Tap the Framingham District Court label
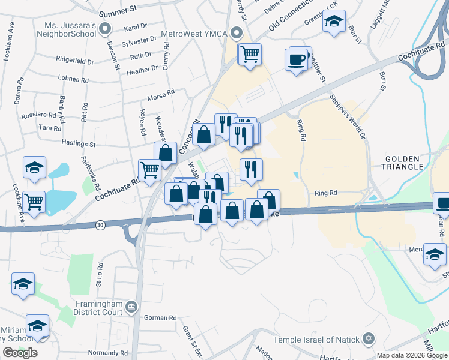click(98, 308)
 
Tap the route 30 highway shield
click(100, 224)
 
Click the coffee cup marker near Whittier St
click(297, 60)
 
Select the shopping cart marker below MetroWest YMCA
click(249, 54)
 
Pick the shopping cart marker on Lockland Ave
click(34, 203)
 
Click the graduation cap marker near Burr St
click(333, 22)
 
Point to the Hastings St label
click(78, 144)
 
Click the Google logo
click(20, 353)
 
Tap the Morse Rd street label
click(161, 93)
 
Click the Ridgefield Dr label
click(74, 62)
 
